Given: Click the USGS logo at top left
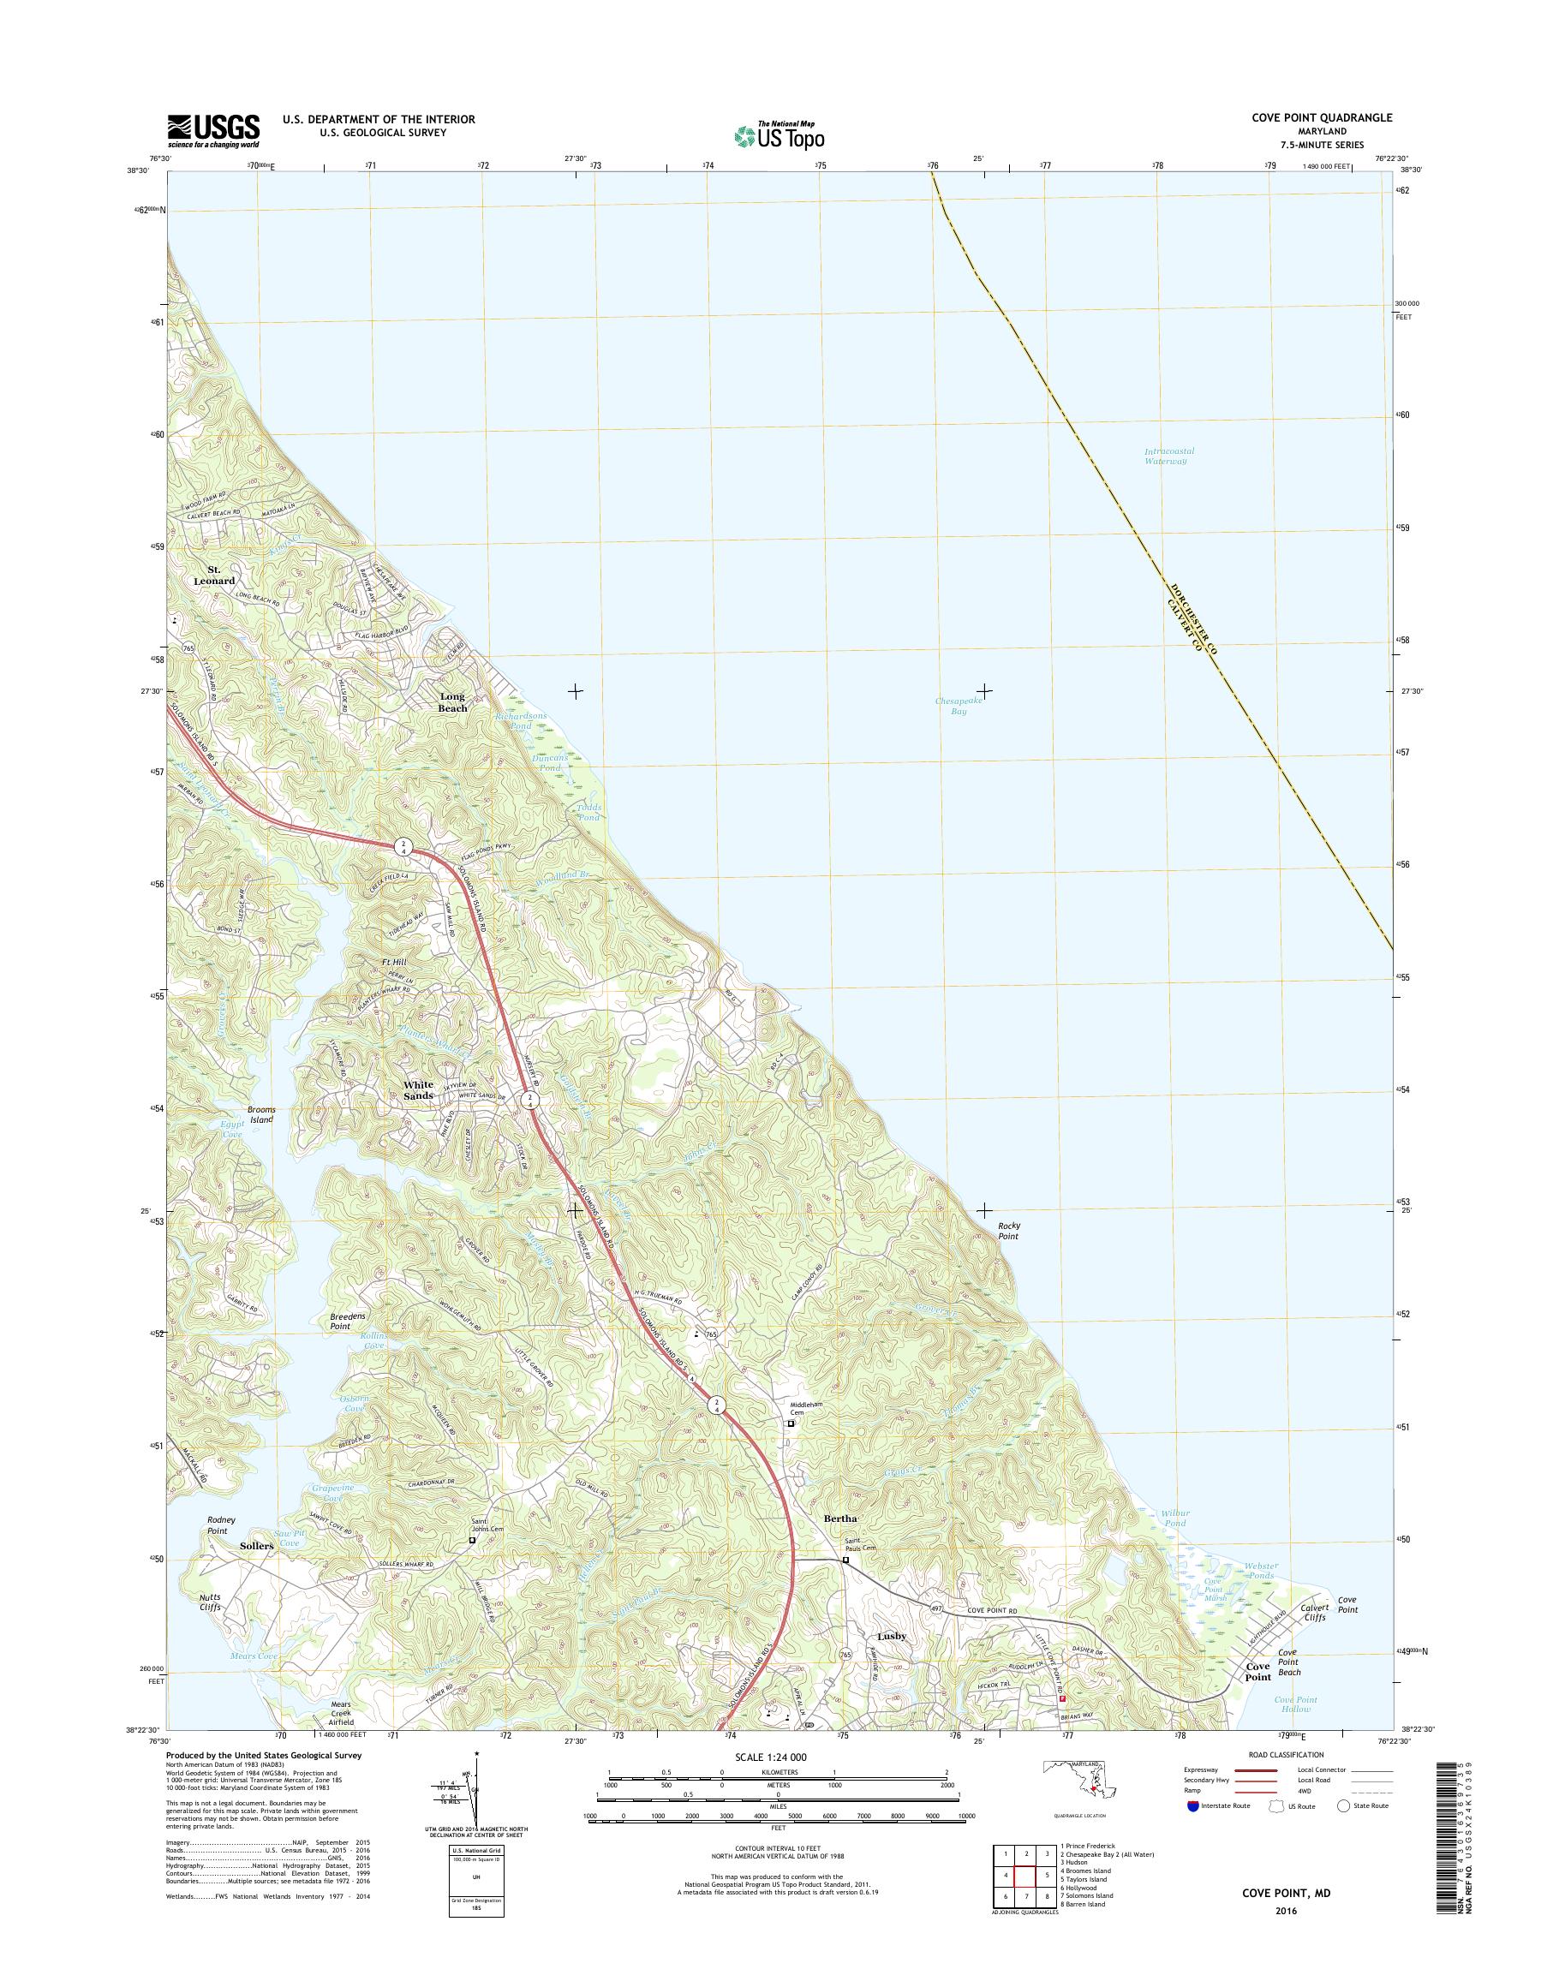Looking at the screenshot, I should (x=212, y=130).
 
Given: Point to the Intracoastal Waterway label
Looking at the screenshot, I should (x=1169, y=456).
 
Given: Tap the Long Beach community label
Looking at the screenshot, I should (x=453, y=702).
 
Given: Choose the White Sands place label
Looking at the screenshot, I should (x=419, y=1089).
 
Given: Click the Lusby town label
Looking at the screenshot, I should (x=891, y=1637).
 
